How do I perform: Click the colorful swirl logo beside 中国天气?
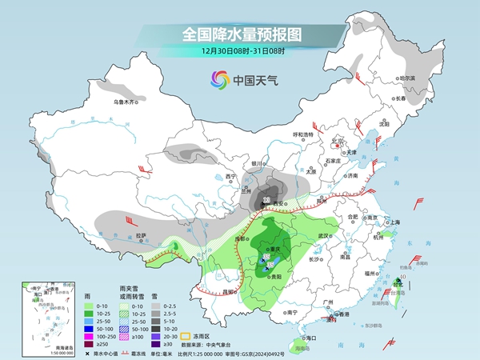point(218,79)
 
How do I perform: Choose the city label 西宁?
point(230,176)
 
